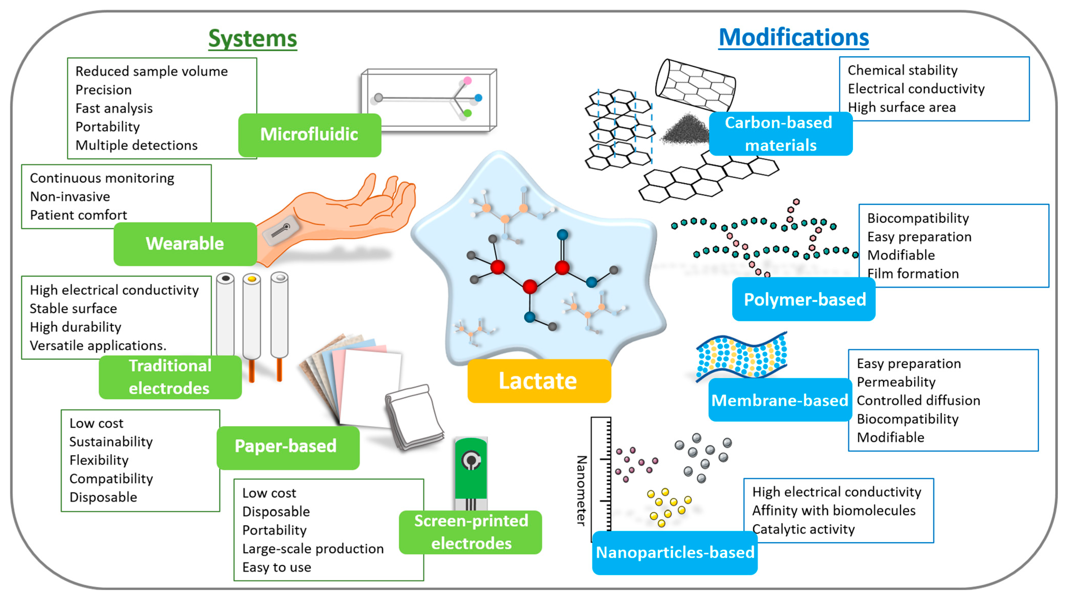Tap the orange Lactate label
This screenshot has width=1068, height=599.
538,381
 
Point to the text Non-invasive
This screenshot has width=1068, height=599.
70,196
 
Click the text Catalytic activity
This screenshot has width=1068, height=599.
803,529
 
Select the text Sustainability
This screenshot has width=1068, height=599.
111,442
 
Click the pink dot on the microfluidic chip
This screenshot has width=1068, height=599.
467,81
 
